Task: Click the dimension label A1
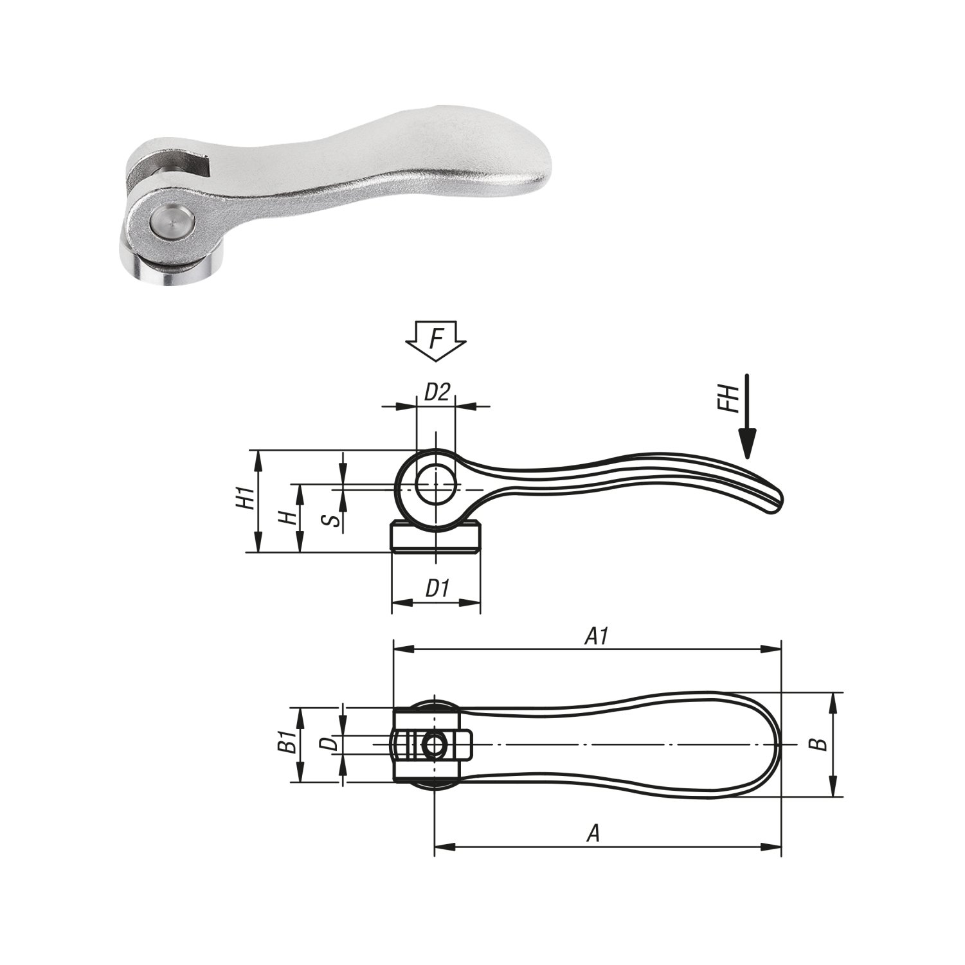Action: coord(596,636)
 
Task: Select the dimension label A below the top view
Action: coord(593,834)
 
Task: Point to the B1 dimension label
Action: coord(287,743)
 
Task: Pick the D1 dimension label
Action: coord(437,588)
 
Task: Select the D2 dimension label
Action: coord(437,392)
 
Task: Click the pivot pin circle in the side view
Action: coord(435,485)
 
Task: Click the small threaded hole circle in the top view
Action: coord(435,746)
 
